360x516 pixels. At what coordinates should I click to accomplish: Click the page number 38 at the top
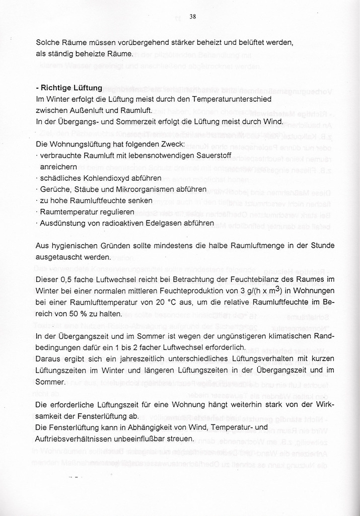click(192, 16)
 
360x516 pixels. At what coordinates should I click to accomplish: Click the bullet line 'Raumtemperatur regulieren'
click(87, 212)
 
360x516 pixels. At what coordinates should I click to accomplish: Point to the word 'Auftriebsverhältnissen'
click(74, 439)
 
